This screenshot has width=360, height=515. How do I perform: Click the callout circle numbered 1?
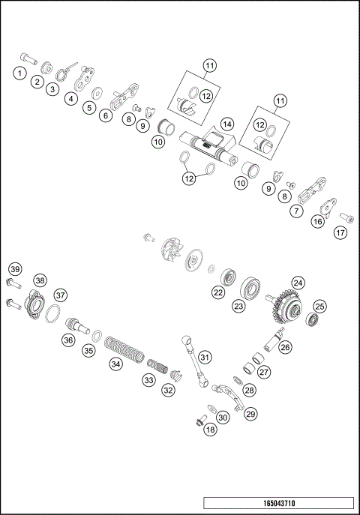16,73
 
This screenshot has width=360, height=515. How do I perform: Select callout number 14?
226,124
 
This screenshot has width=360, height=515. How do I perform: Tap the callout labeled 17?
340,232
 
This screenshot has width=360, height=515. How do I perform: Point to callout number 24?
298,283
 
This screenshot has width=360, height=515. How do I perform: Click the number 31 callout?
204,357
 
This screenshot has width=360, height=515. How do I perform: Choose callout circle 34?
115,364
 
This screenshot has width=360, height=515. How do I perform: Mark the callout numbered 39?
13,269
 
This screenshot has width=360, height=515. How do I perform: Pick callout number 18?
210,430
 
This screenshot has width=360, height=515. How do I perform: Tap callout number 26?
284,347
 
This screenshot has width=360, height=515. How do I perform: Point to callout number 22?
218,293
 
